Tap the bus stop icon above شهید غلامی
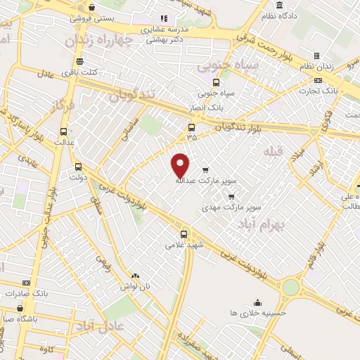click(184, 233)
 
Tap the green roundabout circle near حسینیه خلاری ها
click(290, 287)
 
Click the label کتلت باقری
click(79, 72)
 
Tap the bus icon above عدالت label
click(64, 131)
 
